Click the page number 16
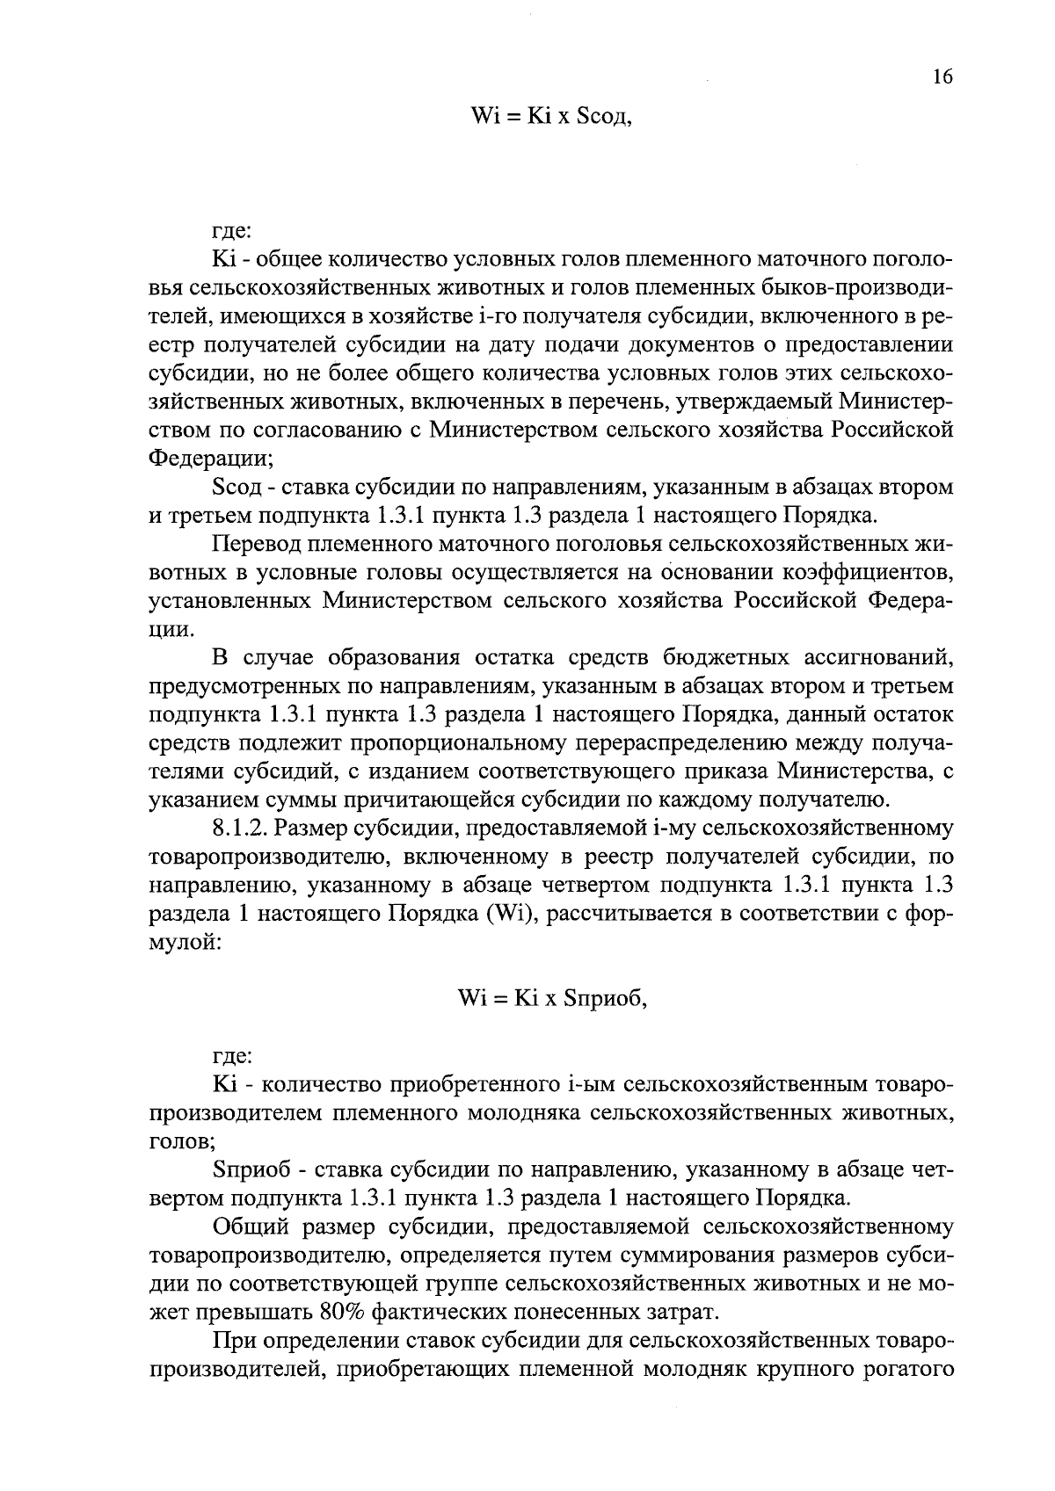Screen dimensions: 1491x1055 tap(942, 77)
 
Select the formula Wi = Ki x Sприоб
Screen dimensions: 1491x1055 tap(553, 998)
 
